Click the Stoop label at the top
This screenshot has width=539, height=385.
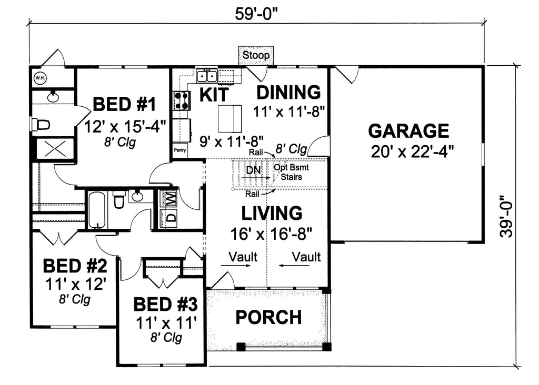point(256,55)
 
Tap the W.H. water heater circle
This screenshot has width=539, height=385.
point(40,78)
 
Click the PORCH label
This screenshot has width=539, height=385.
point(268,317)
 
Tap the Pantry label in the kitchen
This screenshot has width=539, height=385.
point(180,149)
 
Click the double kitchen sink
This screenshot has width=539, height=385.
point(207,77)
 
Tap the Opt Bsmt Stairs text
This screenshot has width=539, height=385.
point(291,173)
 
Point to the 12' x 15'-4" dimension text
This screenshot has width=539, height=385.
point(125,126)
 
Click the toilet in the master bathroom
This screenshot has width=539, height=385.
point(41,125)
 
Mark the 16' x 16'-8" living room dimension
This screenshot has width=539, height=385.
point(272,232)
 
